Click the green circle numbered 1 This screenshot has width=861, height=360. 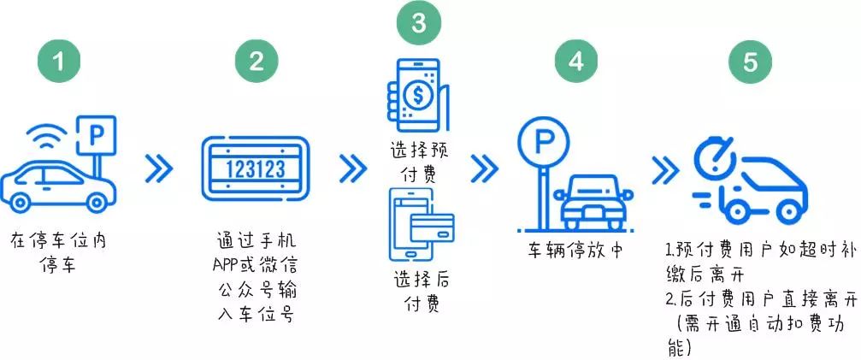click(x=59, y=61)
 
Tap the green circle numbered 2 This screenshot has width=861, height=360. click(x=257, y=61)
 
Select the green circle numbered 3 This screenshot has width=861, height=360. click(x=419, y=22)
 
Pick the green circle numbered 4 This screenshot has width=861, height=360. click(x=576, y=61)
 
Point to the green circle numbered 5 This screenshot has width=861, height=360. click(x=750, y=61)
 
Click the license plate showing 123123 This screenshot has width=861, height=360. click(x=256, y=168)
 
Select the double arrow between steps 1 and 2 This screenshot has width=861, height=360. click(x=159, y=168)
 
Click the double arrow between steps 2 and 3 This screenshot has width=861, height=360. click(x=352, y=168)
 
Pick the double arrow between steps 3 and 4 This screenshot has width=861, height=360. click(x=484, y=168)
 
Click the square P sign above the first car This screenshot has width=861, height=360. click(x=96, y=135)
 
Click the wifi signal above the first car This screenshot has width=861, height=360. click(x=47, y=136)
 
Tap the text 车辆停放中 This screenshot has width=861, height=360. click(x=576, y=251)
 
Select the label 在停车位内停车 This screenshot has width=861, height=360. click(x=58, y=253)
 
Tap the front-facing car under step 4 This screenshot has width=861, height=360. click(x=593, y=202)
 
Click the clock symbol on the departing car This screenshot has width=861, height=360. click(x=716, y=160)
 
